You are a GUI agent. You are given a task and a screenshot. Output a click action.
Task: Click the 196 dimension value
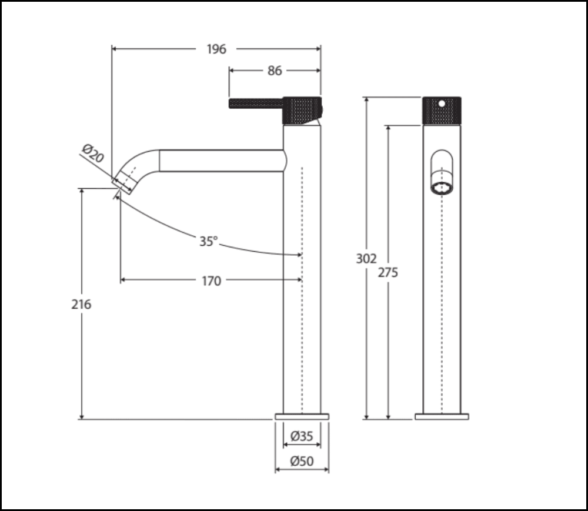(x=216, y=49)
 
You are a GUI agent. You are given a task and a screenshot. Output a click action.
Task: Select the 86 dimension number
(x=275, y=71)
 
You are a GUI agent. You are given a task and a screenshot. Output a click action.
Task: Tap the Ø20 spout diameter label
(x=93, y=155)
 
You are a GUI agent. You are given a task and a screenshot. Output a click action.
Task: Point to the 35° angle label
(x=208, y=241)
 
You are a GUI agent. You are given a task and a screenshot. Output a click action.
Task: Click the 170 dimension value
(x=211, y=281)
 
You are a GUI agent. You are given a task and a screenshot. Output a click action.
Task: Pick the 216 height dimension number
(x=82, y=304)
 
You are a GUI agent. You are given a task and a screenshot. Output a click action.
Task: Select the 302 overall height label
(x=366, y=259)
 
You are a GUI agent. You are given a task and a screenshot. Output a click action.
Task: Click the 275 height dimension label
(x=388, y=272)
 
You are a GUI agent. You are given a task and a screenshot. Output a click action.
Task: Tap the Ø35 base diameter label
(x=302, y=436)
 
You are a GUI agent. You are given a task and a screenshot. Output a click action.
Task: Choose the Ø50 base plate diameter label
(x=302, y=462)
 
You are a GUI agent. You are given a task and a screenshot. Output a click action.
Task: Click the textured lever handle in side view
(x=255, y=104)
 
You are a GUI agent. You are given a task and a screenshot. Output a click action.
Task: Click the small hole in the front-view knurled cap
(x=442, y=103)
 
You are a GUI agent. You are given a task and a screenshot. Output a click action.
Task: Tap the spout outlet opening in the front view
(x=442, y=188)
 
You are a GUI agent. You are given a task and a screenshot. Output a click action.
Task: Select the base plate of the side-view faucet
(x=302, y=416)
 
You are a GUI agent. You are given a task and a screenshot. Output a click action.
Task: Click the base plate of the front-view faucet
(x=442, y=416)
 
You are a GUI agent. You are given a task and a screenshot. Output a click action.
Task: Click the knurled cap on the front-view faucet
(x=442, y=111)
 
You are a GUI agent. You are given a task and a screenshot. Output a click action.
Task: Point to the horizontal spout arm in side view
(x=220, y=161)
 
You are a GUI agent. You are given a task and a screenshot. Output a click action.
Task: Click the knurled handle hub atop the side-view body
(x=302, y=109)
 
